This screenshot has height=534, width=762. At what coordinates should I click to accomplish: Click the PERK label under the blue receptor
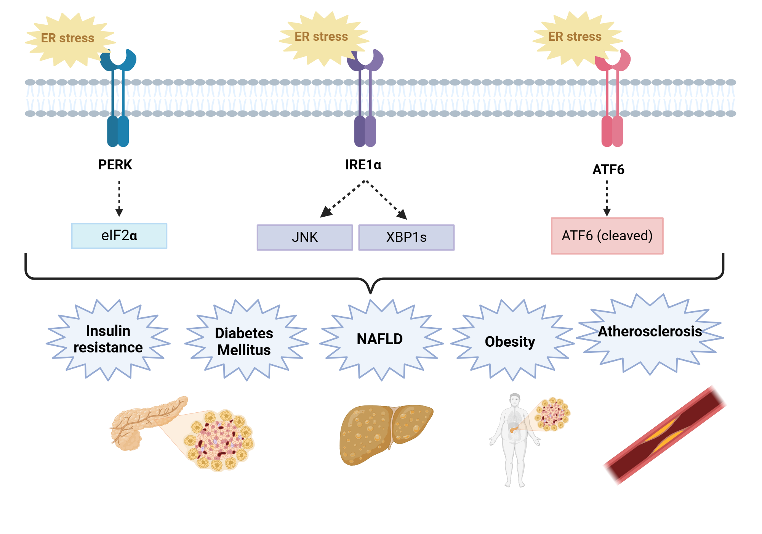[115, 165]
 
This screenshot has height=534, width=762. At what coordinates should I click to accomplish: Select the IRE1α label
[363, 165]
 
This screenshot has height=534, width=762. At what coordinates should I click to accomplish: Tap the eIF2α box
[119, 236]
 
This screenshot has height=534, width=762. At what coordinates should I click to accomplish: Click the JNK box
[305, 237]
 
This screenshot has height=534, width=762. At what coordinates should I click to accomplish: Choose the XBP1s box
[406, 237]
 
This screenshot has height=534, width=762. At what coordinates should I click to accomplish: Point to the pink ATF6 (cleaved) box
[607, 236]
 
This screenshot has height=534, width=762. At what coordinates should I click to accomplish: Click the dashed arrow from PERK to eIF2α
[119, 198]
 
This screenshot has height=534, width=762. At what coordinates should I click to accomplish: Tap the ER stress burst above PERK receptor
[68, 38]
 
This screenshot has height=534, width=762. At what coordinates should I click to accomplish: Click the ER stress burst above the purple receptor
[321, 37]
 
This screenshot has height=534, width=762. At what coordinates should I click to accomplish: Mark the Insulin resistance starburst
[108, 339]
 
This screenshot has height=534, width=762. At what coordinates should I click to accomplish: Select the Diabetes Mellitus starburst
[244, 341]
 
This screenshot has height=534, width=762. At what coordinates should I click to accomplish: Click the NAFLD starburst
[380, 339]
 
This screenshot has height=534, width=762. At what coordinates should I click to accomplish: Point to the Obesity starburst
[510, 341]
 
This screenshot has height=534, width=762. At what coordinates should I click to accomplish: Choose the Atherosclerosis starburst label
[650, 331]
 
